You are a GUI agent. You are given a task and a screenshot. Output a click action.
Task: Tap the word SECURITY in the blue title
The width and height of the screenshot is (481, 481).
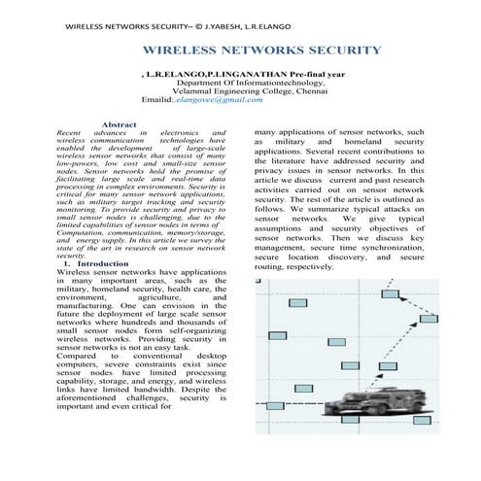coord(341,49)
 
